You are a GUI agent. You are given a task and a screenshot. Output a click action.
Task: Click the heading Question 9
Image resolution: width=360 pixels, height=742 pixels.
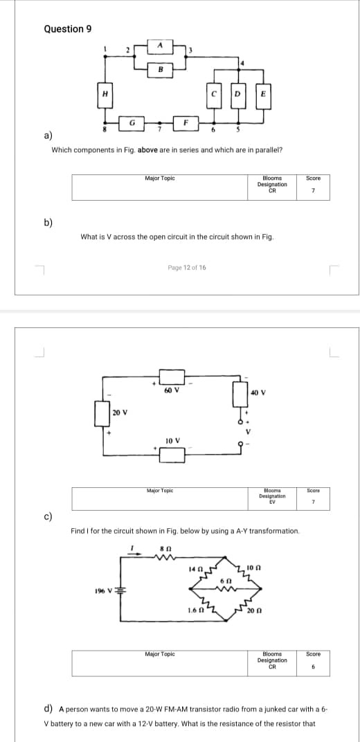68,28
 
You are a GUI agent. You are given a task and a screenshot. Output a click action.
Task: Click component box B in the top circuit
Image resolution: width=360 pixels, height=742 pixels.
161,69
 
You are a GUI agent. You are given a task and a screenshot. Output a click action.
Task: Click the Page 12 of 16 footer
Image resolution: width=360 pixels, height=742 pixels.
186,267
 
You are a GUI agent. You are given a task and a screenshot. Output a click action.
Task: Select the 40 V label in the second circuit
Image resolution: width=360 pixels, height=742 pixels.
257,392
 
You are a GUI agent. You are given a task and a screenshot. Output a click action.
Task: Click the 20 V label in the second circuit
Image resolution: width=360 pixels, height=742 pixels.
120,413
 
